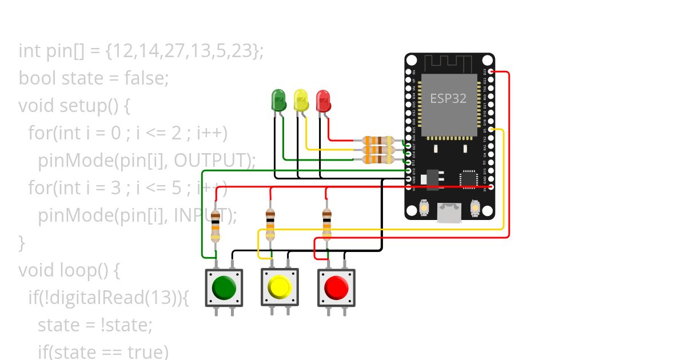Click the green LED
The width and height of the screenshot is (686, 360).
(278, 101)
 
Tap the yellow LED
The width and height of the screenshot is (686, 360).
(301, 101)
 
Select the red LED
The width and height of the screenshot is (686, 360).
(323, 101)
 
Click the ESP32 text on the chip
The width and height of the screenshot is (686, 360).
(448, 98)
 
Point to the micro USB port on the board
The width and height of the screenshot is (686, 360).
(449, 213)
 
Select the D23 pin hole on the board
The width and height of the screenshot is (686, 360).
(491, 72)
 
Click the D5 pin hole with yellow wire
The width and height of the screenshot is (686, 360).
(491, 130)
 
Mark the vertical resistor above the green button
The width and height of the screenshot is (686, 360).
(215, 226)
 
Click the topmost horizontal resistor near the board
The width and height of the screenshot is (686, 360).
(378, 141)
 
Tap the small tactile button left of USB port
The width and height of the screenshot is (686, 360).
(425, 208)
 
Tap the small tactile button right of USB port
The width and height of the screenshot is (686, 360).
(474, 208)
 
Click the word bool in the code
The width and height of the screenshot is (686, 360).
(37, 78)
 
